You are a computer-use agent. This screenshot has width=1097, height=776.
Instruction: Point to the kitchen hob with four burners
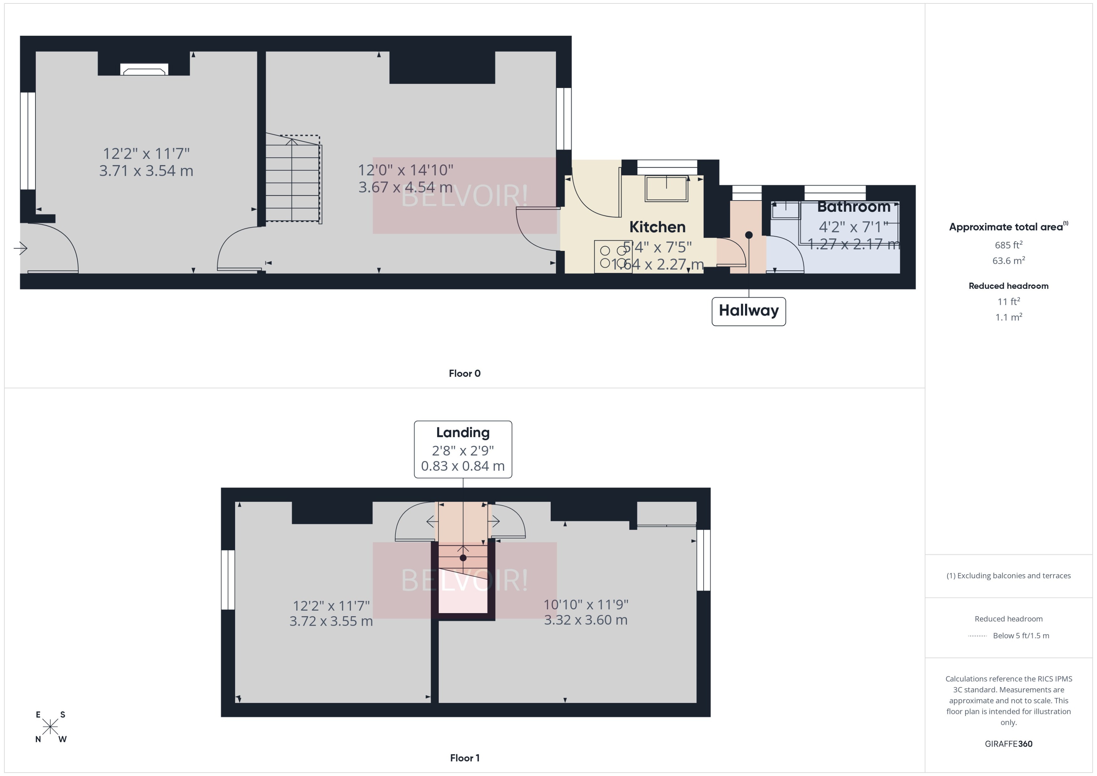click(x=613, y=257)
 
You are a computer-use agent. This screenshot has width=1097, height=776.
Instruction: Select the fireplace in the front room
click(x=144, y=70)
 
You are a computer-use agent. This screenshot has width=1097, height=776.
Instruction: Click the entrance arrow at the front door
click(x=21, y=248)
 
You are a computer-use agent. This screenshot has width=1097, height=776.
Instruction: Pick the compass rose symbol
click(x=50, y=727)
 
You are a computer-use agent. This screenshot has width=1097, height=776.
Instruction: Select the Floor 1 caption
click(x=464, y=758)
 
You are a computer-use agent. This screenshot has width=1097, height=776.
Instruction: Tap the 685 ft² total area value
click(x=1008, y=245)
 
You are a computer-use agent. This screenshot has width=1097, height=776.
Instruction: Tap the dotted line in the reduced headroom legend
click(x=977, y=636)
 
